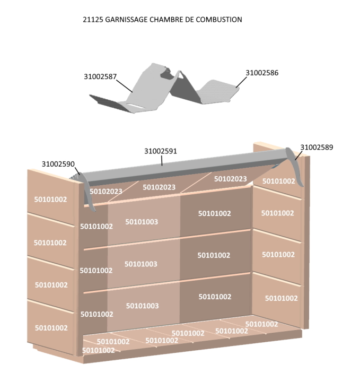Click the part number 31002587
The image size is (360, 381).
coord(100,76)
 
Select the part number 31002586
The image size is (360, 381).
coord(262,73)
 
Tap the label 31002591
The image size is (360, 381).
coord(161,151)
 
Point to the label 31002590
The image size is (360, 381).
coord(58,164)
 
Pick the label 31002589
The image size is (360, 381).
coord(317,147)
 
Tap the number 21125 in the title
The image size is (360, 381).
coord(92,20)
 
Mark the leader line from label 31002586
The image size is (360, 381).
coord(241,81)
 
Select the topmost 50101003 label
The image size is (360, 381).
coord(142,222)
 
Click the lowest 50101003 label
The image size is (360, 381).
coord(142,306)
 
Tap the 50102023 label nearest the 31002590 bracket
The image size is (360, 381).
coord(106,192)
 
